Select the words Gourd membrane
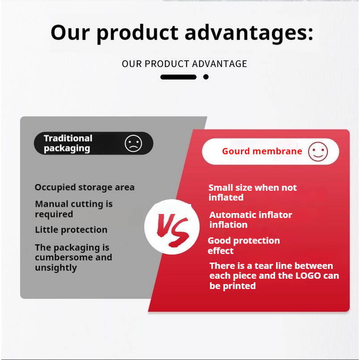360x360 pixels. [x=262, y=151]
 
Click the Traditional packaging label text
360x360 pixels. [x=68, y=143]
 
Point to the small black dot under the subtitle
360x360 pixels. [x=206, y=77]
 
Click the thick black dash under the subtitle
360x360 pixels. [x=178, y=77]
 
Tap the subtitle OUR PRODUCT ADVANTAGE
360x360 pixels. [x=184, y=64]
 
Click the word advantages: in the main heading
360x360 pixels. [x=249, y=33]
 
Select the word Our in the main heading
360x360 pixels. [x=70, y=32]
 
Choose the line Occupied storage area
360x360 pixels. [x=84, y=187]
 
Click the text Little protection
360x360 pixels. [x=71, y=230]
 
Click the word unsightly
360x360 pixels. [x=56, y=268]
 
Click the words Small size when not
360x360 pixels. [x=252, y=188]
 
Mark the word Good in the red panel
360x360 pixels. [x=219, y=241]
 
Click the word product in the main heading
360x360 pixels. [x=137, y=33]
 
